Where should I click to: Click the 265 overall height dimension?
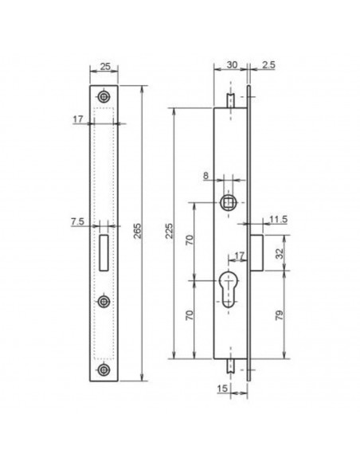138,231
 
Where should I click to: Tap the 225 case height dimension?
170,231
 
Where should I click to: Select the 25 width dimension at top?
105,66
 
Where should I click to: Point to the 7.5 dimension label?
78,221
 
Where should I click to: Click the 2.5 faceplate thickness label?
268,64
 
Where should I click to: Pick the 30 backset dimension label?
232,64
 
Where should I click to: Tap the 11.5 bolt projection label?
279,220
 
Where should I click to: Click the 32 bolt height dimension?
280,253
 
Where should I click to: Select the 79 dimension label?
280,315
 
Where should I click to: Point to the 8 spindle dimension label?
205,175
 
